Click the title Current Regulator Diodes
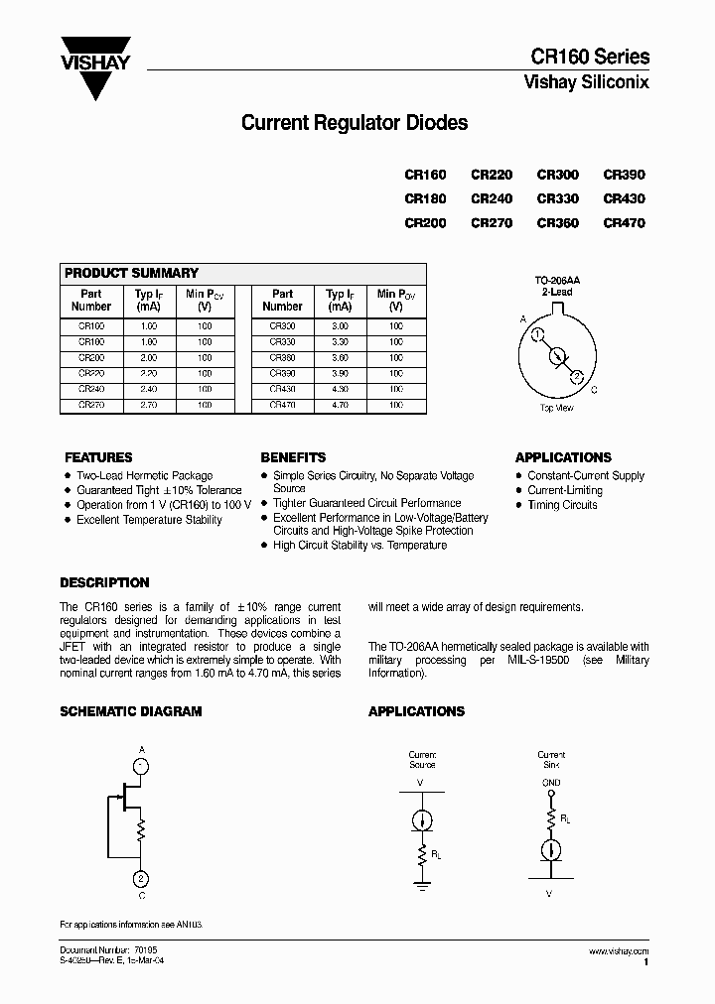click(x=355, y=124)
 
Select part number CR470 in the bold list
click(x=624, y=223)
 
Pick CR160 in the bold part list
click(x=425, y=175)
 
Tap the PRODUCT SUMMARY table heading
click(x=131, y=273)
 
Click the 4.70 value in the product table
click(x=339, y=405)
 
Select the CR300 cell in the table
click(x=282, y=326)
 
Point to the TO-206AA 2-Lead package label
click(x=557, y=288)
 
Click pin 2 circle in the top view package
click(x=577, y=376)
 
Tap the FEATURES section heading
click(x=98, y=457)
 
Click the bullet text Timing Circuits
click(x=562, y=505)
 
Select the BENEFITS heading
click(x=293, y=457)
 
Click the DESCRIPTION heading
click(x=104, y=582)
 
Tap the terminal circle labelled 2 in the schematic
click(x=142, y=878)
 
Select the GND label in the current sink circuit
click(x=551, y=783)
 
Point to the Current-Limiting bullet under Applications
click(x=564, y=490)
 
